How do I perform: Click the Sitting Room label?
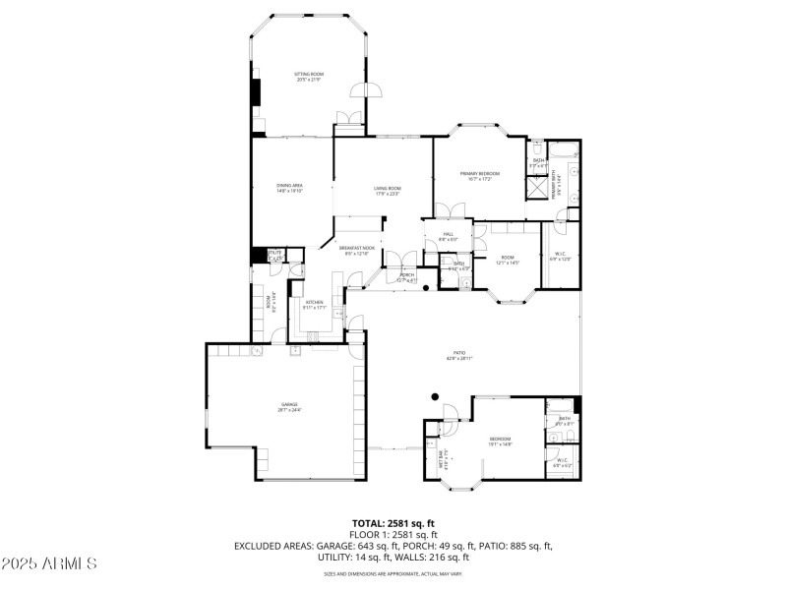pos(309,77)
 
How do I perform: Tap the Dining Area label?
pos(289,189)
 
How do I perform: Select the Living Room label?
pos(387,191)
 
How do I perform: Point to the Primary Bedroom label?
pos(479,176)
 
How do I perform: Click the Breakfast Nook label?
pos(357,251)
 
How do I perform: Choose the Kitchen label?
pos(314,305)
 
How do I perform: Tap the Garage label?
pos(288,407)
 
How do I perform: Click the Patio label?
pos(459,355)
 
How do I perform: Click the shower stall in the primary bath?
pos(538,186)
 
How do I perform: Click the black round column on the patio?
pos(434,397)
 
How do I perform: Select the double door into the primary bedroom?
pos(446,211)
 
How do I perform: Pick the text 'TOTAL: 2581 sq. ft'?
pos(393,523)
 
